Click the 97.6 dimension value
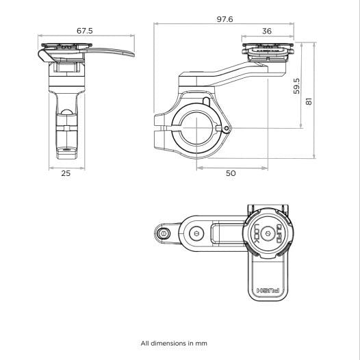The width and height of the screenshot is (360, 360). pos(224,18)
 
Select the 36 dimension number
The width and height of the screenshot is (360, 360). pos(266,31)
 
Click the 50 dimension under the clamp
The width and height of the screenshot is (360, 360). pos(231,174)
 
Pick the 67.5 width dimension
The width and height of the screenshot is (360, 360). pos(66,30)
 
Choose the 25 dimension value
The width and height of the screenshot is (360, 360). pos(66,174)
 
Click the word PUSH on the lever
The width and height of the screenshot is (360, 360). pos(268,290)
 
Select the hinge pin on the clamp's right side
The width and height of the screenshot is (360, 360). pos(219,127)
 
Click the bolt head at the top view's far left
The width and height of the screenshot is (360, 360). pos(164,233)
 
